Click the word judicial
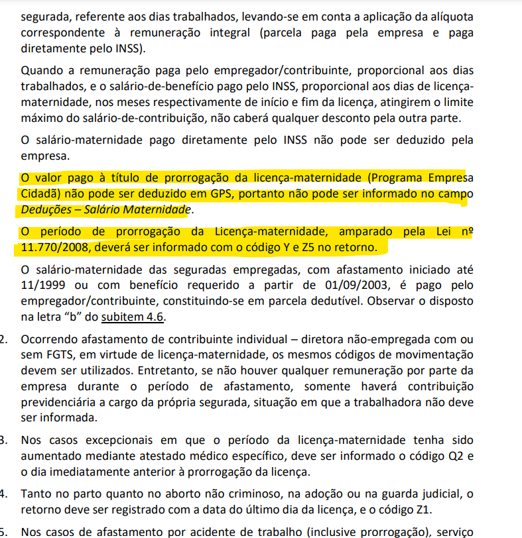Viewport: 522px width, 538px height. (443, 494)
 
